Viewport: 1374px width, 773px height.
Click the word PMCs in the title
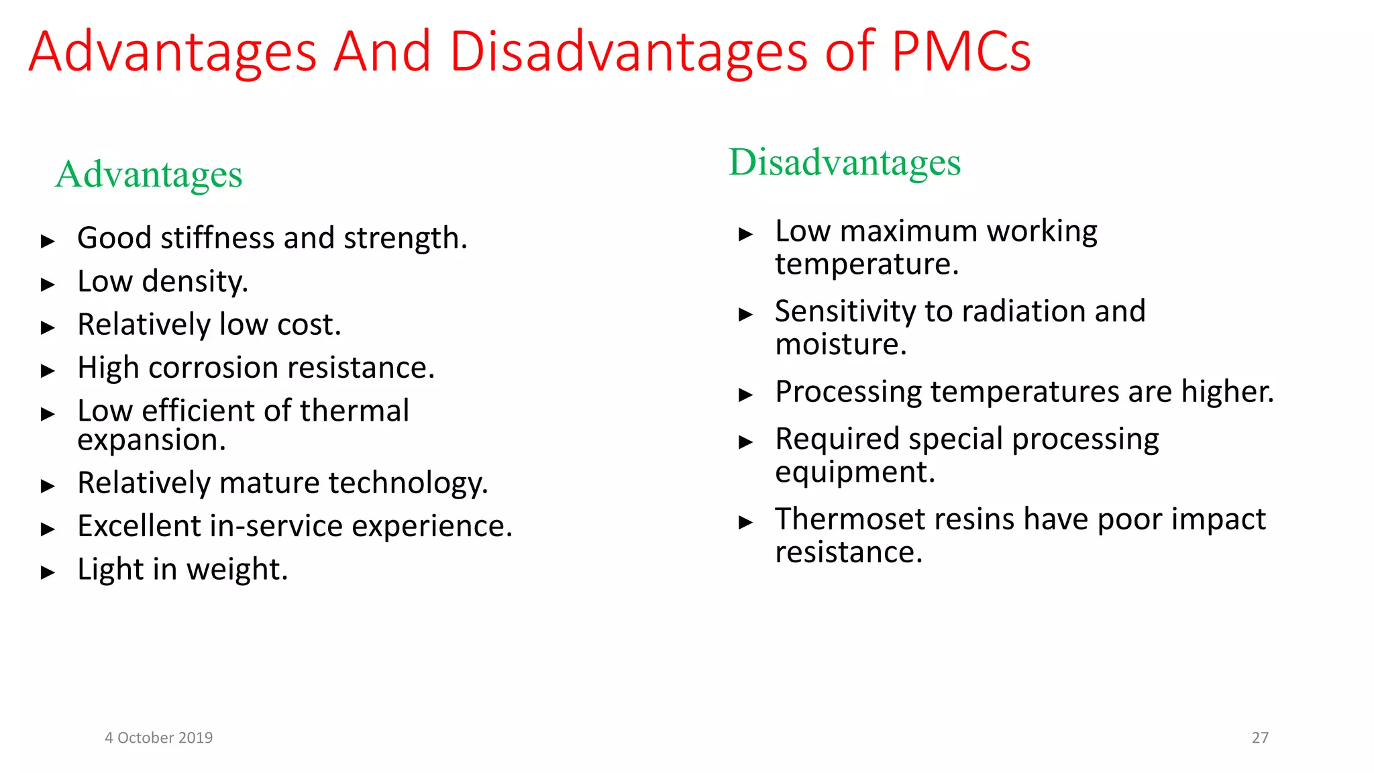(x=961, y=52)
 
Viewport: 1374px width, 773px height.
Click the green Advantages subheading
(x=148, y=174)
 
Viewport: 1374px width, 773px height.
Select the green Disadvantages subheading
(x=845, y=162)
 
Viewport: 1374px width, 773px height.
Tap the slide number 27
(x=1260, y=737)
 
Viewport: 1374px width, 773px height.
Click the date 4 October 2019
(x=158, y=737)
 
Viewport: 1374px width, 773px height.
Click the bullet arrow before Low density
(x=48, y=285)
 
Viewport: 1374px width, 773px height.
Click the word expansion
(x=151, y=441)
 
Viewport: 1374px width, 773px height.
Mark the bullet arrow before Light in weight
(x=48, y=572)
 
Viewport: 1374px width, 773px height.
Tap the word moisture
(x=841, y=345)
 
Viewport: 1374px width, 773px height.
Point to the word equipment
(x=854, y=472)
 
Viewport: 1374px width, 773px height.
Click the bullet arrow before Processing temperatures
(x=745, y=395)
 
